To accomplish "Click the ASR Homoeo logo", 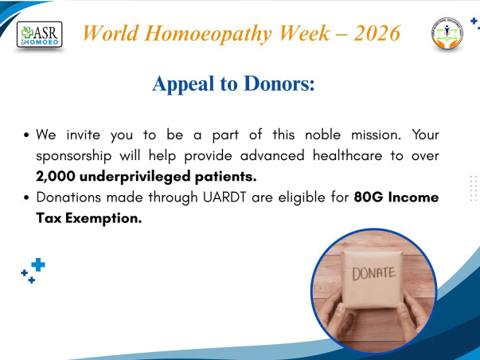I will [x=40, y=34].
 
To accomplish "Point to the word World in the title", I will [x=115, y=33].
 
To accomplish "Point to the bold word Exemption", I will [x=107, y=218].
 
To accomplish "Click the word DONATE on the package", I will [x=373, y=272].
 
